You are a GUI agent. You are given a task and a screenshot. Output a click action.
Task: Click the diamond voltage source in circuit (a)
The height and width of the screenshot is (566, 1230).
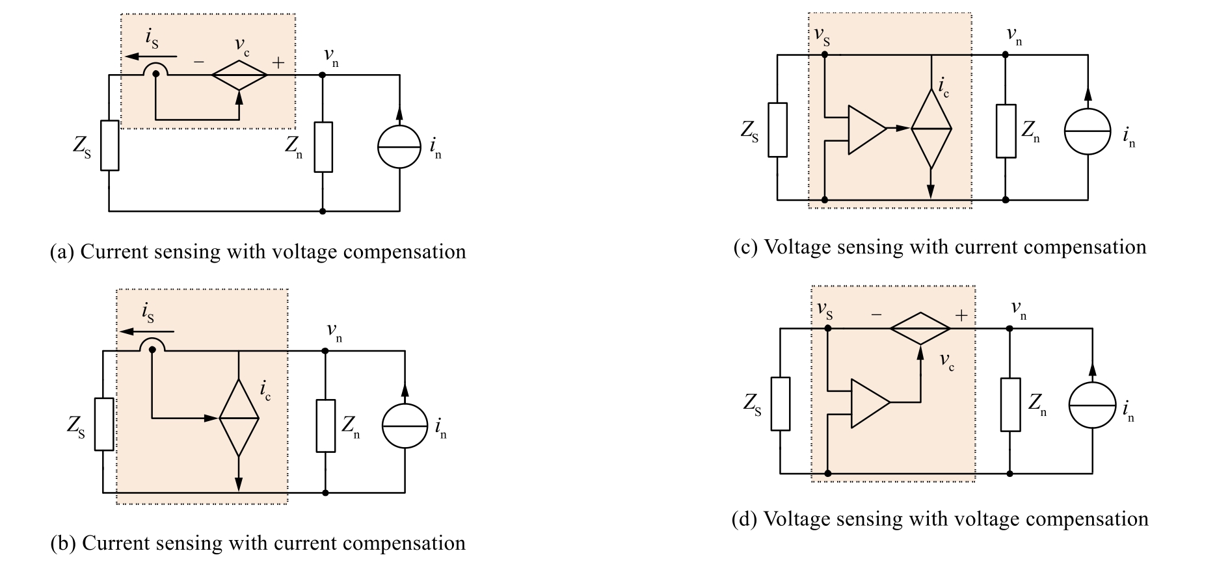click(239, 75)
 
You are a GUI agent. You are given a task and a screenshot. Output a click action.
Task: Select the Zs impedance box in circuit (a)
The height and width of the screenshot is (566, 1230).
click(109, 146)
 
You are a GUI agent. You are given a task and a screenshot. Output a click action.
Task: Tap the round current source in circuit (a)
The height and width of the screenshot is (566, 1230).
click(399, 146)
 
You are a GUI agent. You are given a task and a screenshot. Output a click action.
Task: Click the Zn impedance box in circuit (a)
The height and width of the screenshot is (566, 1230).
click(323, 146)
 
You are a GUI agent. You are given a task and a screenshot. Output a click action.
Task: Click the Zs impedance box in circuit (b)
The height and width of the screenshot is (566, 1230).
click(104, 424)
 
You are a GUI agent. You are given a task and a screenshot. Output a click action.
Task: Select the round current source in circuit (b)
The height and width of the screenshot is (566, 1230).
click(404, 425)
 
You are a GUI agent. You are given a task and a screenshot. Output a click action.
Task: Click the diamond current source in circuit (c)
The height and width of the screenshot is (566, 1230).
click(931, 129)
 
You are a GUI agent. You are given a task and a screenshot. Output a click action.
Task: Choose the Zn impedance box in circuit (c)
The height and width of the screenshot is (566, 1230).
click(1006, 131)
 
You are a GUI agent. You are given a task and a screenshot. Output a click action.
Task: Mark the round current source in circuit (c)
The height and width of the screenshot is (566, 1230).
click(1088, 131)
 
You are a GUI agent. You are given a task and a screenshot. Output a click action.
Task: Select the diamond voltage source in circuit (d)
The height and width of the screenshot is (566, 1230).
click(920, 329)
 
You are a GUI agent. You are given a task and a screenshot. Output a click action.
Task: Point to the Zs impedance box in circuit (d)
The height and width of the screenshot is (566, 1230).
click(781, 404)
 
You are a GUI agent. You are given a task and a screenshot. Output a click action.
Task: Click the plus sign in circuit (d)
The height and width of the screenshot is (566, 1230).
click(961, 316)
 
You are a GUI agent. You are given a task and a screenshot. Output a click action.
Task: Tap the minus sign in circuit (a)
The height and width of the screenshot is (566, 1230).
click(198, 62)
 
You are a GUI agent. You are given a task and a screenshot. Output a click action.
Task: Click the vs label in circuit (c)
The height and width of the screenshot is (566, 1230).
click(822, 38)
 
